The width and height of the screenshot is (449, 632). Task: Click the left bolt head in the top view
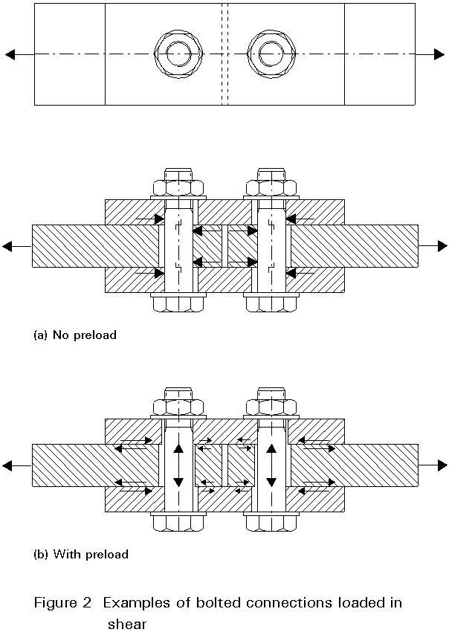178,54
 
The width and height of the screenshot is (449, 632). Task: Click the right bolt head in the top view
271,54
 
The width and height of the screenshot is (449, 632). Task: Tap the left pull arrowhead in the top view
10,54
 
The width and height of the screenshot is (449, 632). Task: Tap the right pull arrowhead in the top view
439,54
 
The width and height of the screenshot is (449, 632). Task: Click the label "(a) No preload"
75,335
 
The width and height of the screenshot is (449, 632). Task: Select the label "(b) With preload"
81,554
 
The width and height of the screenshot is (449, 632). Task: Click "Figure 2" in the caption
63,604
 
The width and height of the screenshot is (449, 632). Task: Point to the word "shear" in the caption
127,624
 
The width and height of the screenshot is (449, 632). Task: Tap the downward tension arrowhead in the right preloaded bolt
271,482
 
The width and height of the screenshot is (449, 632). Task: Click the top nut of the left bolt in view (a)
178,188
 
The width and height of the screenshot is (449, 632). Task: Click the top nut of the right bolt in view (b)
271,407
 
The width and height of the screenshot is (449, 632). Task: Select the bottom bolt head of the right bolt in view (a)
271,304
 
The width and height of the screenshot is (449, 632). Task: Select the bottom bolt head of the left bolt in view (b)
178,523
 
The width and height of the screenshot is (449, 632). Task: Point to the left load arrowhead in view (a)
7,246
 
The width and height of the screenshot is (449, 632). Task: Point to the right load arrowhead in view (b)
442,465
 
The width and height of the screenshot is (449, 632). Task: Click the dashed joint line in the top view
225,54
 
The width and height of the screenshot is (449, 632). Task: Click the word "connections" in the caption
289,603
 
